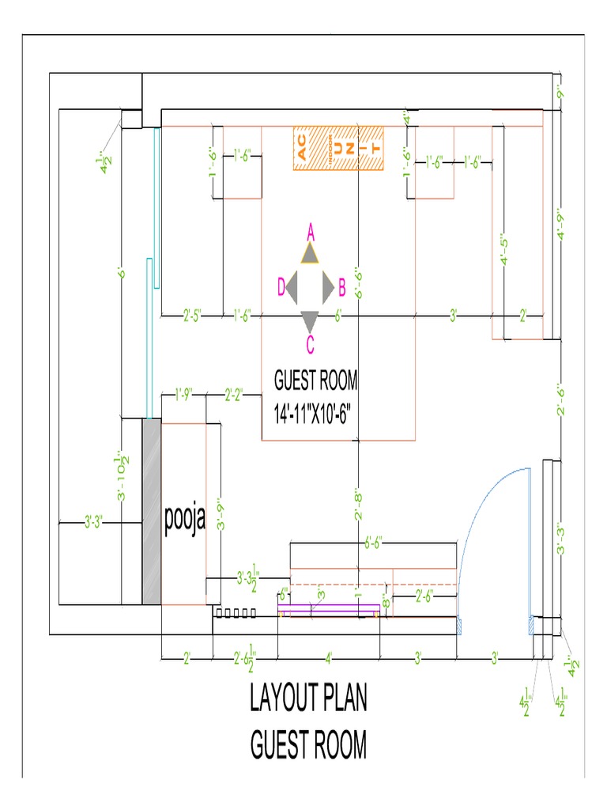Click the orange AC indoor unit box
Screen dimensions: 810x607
coord(338,148)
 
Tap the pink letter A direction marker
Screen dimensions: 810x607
coord(311,232)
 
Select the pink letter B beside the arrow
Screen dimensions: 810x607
coord(341,286)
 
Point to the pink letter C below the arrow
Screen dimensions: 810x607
coord(310,344)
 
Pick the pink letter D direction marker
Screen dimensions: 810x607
coord(280,286)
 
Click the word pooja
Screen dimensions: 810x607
coord(185,520)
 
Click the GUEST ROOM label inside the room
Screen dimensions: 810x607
coord(315,382)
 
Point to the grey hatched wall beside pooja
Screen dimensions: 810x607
coord(151,512)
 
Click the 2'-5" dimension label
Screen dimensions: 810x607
coord(192,316)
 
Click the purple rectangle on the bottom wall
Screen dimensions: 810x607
coord(330,609)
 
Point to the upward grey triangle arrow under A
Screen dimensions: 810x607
coord(310,253)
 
